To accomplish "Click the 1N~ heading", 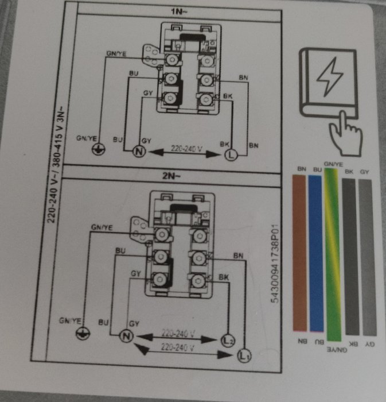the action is point(179,11).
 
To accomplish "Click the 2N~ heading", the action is point(171,176).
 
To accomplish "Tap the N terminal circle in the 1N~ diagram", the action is point(139,151).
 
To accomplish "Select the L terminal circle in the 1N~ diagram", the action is point(231,155).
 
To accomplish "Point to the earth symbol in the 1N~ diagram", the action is point(98,149).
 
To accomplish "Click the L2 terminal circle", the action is point(228,341).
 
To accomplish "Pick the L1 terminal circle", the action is point(244,355).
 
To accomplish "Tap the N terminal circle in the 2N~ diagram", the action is point(126,335).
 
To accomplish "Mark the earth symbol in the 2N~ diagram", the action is point(83,333).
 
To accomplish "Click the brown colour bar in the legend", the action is point(299,253).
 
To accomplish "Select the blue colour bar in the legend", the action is point(316,253).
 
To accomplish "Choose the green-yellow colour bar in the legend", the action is point(333,254).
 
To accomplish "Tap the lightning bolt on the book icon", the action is point(329,76).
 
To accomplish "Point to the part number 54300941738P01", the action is point(274,264).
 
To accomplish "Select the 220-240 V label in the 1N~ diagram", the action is point(186,148).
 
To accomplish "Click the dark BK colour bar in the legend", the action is point(350,257).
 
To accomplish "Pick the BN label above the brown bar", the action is point(302,169).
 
